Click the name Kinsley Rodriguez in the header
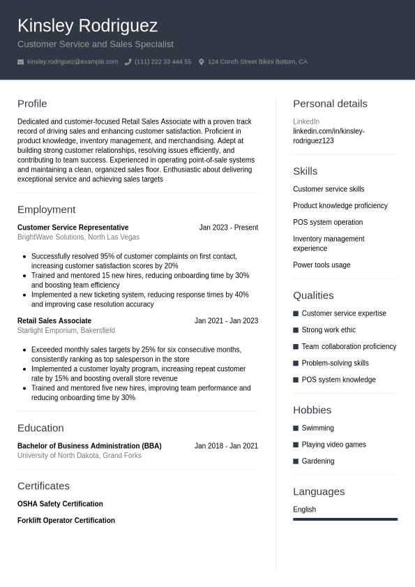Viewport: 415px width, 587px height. tap(87, 26)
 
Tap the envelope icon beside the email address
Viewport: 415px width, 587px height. tap(21, 62)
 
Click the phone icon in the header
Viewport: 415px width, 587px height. tap(128, 62)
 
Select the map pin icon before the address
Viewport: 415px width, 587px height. tap(202, 62)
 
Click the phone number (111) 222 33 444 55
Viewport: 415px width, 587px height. tap(163, 62)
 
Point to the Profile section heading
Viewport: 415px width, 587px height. tap(32, 103)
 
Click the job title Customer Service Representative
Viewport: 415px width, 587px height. tap(73, 228)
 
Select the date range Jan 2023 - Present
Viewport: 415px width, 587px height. tap(228, 228)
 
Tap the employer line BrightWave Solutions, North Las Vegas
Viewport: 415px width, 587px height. tap(78, 237)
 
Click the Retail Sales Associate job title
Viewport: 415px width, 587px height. tap(54, 321)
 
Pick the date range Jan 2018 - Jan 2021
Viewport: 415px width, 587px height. tap(226, 446)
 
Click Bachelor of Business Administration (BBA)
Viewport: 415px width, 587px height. tap(89, 446)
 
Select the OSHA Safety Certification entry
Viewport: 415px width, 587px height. tap(60, 504)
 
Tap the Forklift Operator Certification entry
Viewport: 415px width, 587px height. tap(66, 521)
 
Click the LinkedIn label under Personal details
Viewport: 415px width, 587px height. tap(306, 121)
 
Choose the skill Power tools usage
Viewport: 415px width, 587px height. tap(322, 265)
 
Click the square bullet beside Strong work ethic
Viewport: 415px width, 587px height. tap(296, 330)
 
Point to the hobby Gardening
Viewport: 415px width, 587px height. tap(317, 461)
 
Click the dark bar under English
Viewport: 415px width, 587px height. tap(345, 519)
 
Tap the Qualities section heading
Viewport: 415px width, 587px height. tap(313, 295)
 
